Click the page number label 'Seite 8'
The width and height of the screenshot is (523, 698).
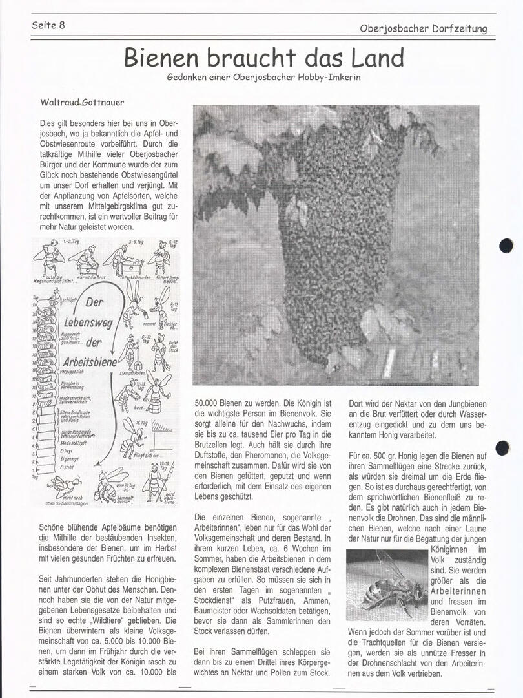(x=48, y=25)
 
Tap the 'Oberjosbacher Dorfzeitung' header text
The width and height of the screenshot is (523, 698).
(x=423, y=28)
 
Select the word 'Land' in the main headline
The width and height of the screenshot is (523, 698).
(x=378, y=58)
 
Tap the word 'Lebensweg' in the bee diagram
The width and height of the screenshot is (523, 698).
(x=88, y=321)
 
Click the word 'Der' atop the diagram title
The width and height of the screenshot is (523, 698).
(x=92, y=303)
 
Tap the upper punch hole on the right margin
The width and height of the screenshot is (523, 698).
(x=506, y=246)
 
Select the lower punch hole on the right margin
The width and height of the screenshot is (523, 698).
(x=502, y=447)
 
